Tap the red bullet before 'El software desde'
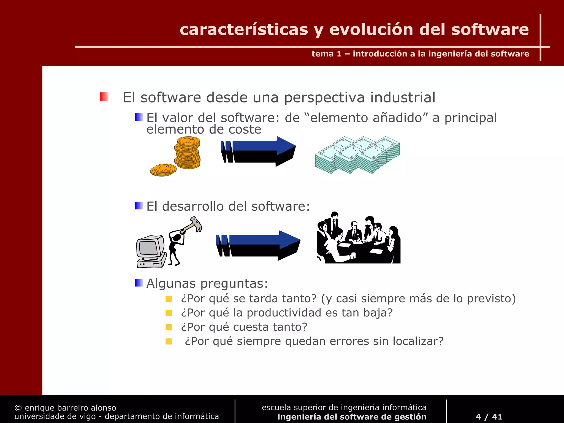coord(104,97)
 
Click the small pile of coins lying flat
coord(163,170)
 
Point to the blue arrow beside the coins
coord(259,151)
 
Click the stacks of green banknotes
coord(357,155)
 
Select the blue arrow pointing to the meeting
coord(259,245)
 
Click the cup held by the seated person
coord(353,255)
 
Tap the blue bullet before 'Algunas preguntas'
coord(139,283)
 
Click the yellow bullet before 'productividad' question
coord(169,313)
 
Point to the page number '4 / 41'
coord(489,417)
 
